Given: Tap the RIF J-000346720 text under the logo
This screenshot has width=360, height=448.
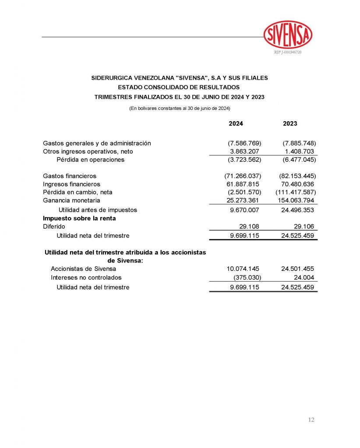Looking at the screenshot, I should pos(288,52).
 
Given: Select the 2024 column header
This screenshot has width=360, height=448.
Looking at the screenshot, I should pos(236,124).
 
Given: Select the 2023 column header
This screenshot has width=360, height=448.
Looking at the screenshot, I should pos(290,124).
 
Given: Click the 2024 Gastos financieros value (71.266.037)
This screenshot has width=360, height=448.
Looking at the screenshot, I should pos(243,176).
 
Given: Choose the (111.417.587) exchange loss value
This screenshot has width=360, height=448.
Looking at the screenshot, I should pos(296,192).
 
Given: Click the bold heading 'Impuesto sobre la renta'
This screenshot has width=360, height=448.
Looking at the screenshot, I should pos(79,218).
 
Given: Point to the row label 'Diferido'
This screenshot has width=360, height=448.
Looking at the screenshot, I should pos(54,227).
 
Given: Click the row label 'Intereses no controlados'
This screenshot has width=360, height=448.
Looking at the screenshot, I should pos(86,277).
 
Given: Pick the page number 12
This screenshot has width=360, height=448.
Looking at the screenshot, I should pos(311,420).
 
